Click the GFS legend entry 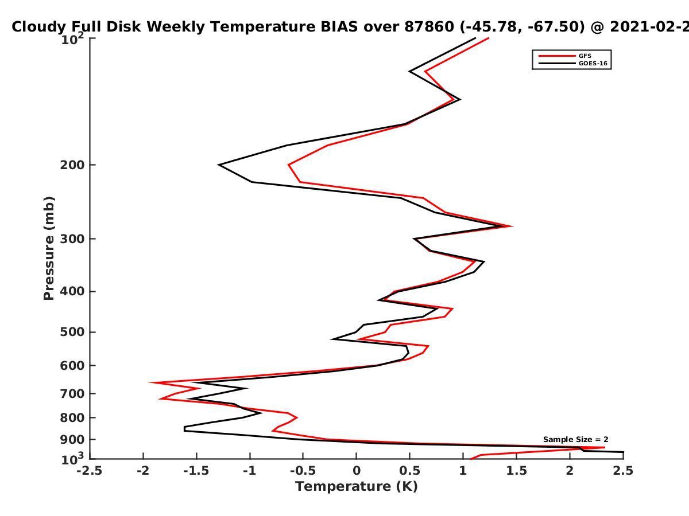tap(565, 56)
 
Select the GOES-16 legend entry tap(573, 63)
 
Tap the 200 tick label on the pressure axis tap(72, 165)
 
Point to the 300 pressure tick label tap(72, 239)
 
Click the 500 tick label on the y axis tap(72, 332)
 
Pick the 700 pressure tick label tap(72, 394)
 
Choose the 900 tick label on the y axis tap(72, 440)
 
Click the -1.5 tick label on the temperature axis tap(196, 471)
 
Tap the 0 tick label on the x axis tap(357, 471)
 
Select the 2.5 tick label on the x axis tap(623, 471)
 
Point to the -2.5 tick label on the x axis tap(90, 471)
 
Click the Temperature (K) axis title tap(357, 487)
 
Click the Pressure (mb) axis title tap(49, 248)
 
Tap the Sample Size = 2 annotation tap(576, 440)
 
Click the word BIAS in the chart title tap(339, 27)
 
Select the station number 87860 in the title tap(429, 27)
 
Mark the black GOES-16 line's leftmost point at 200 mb tap(219, 165)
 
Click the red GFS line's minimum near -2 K tap(150, 382)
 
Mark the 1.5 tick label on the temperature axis tap(517, 471)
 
